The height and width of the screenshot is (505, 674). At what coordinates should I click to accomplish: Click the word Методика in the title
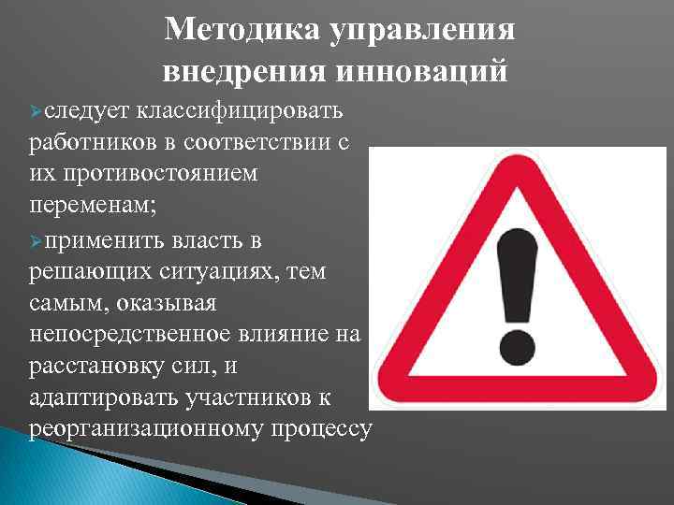(x=239, y=31)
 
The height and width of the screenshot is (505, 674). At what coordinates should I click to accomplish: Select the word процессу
(x=322, y=430)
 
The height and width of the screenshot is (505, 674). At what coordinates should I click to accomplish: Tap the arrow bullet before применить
(x=37, y=240)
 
